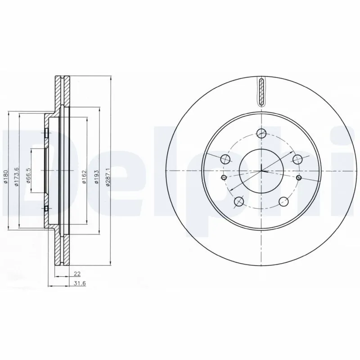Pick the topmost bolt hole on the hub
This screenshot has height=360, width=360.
[x=261, y=133]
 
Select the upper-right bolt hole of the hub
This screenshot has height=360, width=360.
[x=297, y=159]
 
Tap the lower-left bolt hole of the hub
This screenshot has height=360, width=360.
[x=239, y=201]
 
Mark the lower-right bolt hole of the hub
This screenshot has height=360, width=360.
[x=283, y=201]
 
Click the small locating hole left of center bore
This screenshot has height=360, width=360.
[x=224, y=178]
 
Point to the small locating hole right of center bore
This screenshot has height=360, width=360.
[x=299, y=178]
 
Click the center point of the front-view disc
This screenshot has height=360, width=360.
[x=261, y=171]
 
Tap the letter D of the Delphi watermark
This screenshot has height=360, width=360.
[x=18, y=171]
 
